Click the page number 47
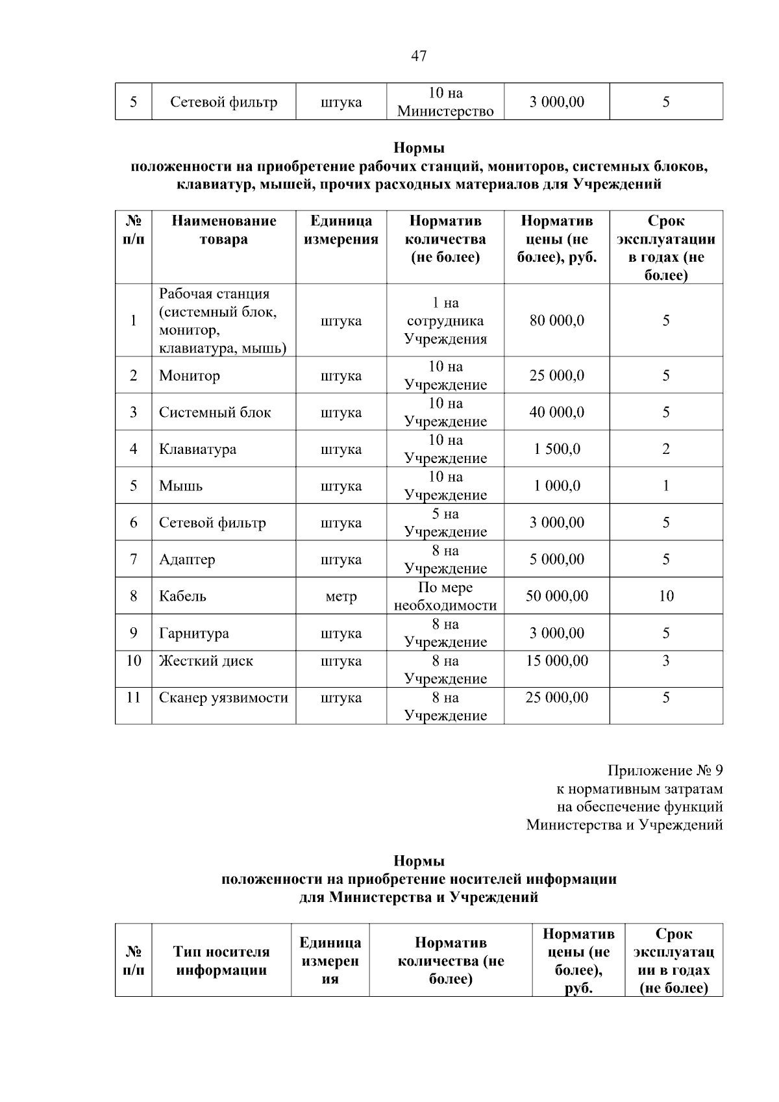coord(419,56)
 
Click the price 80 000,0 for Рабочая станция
coord(556,320)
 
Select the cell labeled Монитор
coord(190,375)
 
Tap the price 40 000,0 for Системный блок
coord(556,412)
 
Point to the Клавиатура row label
coord(197,449)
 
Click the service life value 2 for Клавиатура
coord(665,449)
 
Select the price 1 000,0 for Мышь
coord(556,486)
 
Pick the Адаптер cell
coord(187,559)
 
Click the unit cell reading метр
coord(341,596)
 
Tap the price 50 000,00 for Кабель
coord(556,596)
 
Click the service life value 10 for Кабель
coord(665,596)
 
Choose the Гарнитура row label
coord(193,633)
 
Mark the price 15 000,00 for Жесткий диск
coord(556,661)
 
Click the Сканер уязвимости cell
coord(223,698)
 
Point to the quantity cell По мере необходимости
coord(445,596)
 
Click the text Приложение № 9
coord(665,771)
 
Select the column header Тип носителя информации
coord(221,961)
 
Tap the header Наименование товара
coord(223,230)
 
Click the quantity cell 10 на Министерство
coord(445,102)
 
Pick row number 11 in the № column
coord(133,698)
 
